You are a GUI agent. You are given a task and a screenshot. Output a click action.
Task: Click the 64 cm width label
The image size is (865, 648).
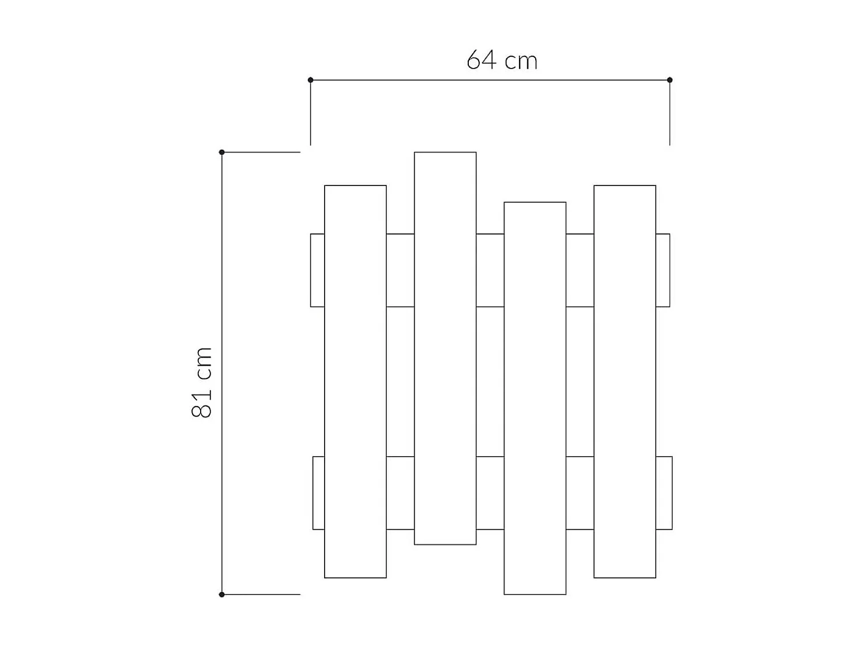pos(502,60)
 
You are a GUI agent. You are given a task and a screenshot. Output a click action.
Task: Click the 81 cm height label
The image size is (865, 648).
pos(202,382)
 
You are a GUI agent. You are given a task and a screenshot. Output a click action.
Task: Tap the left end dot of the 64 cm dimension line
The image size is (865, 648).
pos(310,80)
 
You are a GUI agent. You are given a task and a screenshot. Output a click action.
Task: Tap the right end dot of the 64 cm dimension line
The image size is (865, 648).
pos(670,80)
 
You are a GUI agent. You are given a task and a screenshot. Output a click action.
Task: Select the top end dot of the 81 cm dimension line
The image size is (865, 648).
pos(222,152)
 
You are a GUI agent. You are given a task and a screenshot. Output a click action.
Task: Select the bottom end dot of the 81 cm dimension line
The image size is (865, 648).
pos(222,594)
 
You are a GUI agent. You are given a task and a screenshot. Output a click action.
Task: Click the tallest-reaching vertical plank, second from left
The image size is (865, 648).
pos(445,348)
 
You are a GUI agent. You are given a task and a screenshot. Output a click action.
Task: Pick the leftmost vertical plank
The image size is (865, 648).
pos(355,382)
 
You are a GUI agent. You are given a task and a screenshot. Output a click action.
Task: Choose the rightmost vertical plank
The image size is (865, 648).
pos(625,382)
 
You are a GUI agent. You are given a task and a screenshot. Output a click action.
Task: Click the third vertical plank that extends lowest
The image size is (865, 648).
pos(535,398)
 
